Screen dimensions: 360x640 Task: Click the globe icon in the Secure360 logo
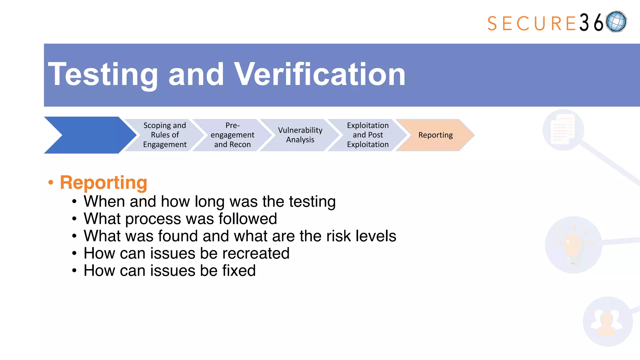point(616,22)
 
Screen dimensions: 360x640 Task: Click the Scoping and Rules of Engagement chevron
point(165,135)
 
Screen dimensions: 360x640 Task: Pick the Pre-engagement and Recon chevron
point(232,135)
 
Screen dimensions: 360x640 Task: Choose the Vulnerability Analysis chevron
point(300,135)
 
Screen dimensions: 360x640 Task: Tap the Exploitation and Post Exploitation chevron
point(368,135)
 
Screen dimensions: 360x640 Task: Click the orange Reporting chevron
point(435,135)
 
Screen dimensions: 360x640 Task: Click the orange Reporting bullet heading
point(103,182)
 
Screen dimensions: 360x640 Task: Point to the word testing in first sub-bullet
point(312,202)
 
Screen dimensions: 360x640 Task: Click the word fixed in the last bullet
point(239,271)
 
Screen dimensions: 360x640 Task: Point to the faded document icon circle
point(563,130)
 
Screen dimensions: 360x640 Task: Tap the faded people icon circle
point(607,322)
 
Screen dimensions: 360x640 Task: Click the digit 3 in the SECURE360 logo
point(584,23)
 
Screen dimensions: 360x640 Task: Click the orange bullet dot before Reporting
point(51,182)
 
